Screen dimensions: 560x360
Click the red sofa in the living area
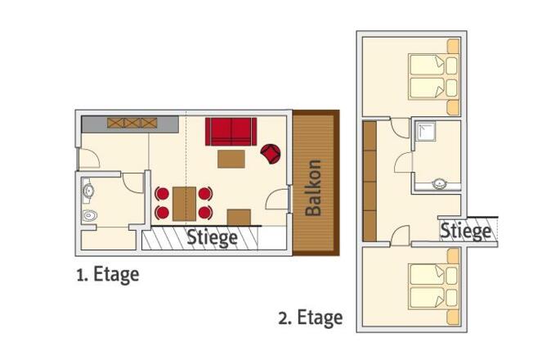click(x=231, y=131)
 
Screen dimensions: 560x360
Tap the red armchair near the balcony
click(x=271, y=153)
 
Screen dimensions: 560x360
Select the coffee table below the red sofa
click(x=231, y=159)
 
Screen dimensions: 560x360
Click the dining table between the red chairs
click(x=184, y=204)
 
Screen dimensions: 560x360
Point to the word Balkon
click(x=314, y=188)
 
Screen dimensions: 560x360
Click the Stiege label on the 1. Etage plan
click(x=212, y=237)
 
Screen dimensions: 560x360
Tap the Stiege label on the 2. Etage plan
click(x=465, y=231)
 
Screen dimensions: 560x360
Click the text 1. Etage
click(x=108, y=275)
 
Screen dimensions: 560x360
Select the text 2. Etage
click(x=311, y=317)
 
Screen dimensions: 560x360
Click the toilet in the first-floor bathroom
click(x=89, y=215)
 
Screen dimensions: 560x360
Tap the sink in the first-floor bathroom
click(x=87, y=191)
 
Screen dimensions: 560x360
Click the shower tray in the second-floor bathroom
click(x=424, y=132)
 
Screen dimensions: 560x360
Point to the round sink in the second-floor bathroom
click(x=438, y=184)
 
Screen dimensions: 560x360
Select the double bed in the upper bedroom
click(x=432, y=77)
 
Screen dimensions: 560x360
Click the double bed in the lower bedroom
click(x=432, y=287)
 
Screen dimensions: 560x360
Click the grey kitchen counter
click(x=130, y=124)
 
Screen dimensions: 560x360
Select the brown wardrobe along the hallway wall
click(x=370, y=182)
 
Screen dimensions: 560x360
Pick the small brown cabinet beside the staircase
click(x=239, y=218)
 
